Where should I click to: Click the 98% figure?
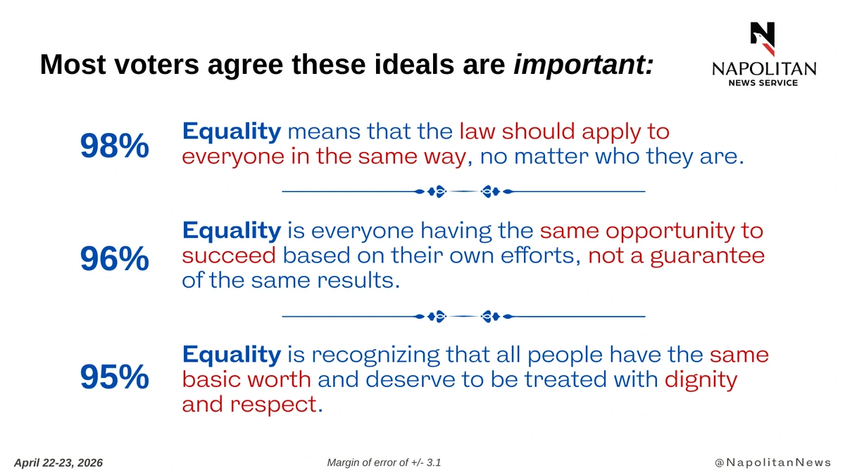(115, 146)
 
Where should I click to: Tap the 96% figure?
(115, 259)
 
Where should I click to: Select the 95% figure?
(115, 376)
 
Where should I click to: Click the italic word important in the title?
(583, 65)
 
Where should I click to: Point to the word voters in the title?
(156, 65)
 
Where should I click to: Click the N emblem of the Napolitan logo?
(763, 39)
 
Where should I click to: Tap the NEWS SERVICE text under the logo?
(763, 83)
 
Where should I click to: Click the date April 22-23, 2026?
(58, 463)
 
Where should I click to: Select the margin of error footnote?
(384, 462)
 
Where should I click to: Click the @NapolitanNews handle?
(773, 462)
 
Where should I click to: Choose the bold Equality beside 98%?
(232, 132)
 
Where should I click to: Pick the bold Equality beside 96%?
(232, 230)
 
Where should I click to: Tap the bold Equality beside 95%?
(232, 355)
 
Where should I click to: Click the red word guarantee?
(707, 256)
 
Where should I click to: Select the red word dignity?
(701, 380)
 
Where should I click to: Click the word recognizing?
(376, 355)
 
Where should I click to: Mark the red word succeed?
(229, 255)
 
